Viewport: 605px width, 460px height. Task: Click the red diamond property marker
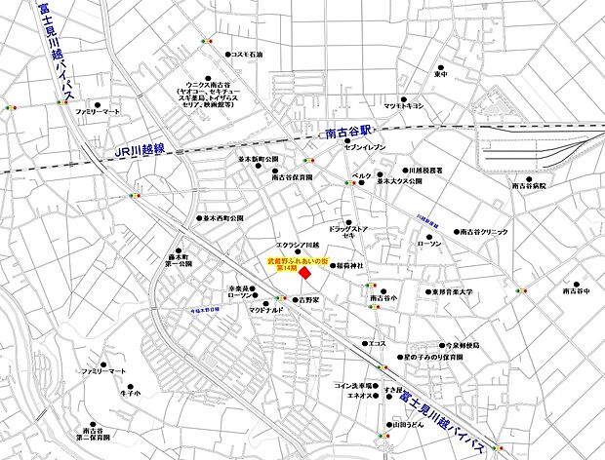(304, 280)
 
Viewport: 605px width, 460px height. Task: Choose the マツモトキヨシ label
(403, 105)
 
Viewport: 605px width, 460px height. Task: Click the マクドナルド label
(265, 310)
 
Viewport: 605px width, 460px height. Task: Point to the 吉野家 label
(310, 301)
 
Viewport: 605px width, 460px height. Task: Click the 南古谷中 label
(577, 290)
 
